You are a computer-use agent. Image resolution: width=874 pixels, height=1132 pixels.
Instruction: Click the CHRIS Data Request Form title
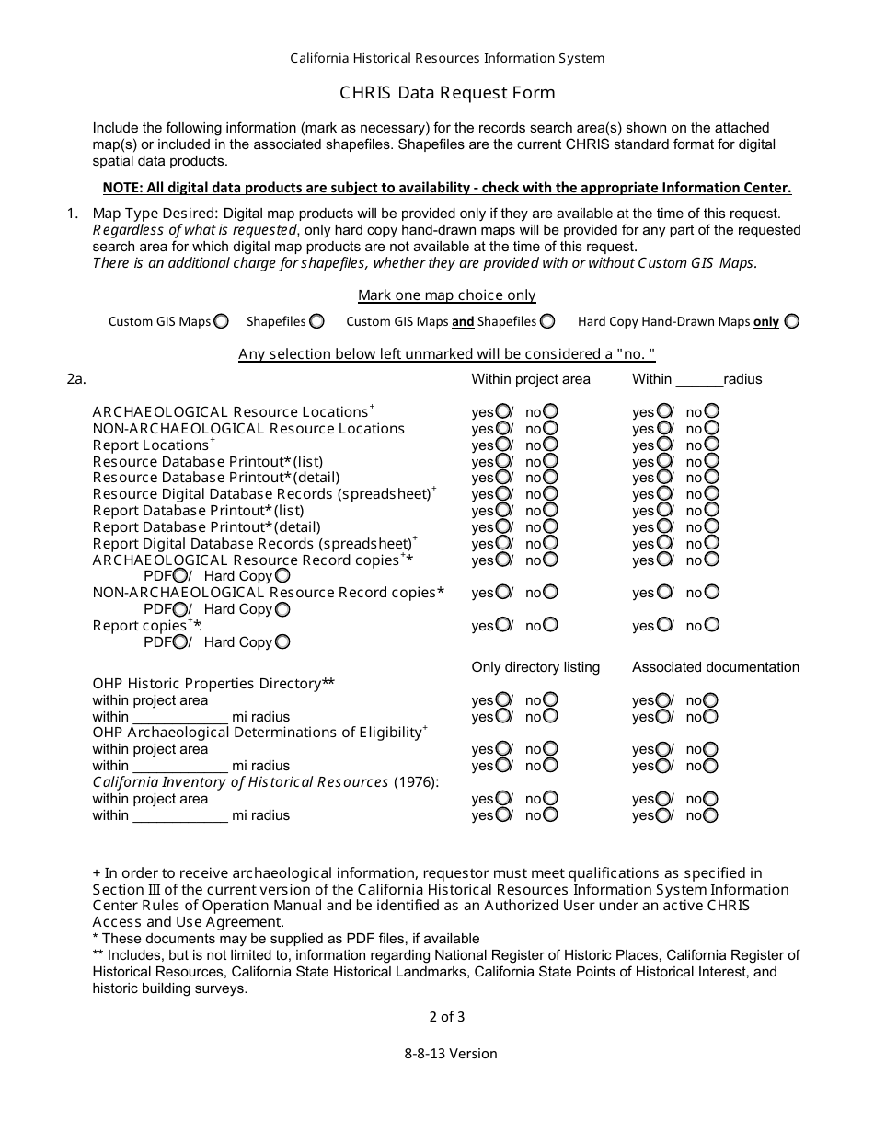[447, 92]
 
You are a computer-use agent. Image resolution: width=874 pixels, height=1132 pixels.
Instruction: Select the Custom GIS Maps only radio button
[221, 321]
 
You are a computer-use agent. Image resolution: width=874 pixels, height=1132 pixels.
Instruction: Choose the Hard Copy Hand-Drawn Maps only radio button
[792, 321]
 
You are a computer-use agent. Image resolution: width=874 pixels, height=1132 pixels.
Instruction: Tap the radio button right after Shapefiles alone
[316, 321]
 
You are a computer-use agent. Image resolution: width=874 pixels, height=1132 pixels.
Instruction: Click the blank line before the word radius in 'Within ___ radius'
[699, 380]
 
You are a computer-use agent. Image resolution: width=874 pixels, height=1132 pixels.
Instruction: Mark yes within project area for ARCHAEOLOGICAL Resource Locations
[503, 411]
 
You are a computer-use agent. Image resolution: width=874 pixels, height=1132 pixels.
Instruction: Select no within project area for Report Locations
[550, 445]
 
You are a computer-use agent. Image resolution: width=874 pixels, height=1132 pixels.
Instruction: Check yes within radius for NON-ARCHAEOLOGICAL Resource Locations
[663, 428]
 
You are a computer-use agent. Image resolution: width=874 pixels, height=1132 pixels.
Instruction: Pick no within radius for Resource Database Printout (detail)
[711, 478]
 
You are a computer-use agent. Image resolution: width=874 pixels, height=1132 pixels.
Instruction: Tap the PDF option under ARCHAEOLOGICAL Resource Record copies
[180, 576]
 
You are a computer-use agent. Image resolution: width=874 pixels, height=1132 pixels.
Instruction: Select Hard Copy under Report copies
[282, 642]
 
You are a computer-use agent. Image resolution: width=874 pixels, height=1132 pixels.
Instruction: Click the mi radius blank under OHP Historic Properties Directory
[180, 717]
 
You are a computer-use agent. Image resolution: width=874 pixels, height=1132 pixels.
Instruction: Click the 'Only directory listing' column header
[535, 667]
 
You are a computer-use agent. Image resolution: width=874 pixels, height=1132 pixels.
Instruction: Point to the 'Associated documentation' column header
[716, 667]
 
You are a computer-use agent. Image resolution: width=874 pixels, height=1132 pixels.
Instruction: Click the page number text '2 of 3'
[447, 1017]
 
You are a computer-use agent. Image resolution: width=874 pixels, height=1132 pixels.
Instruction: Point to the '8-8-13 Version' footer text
[450, 1054]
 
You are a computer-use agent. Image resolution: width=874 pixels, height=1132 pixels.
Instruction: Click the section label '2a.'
[76, 379]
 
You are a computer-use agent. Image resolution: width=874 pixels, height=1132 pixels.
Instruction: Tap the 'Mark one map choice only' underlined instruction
[446, 295]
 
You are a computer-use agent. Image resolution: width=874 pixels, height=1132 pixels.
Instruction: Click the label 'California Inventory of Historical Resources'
[240, 782]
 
